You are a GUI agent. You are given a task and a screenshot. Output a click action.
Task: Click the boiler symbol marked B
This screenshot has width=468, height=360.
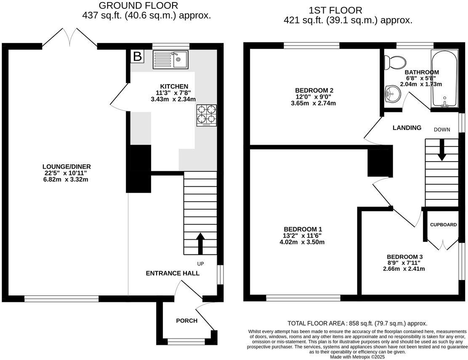(137, 56)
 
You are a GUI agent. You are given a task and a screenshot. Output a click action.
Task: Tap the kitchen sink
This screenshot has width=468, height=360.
(171, 59)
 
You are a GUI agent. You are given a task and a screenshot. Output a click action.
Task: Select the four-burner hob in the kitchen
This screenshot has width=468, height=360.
(206, 115)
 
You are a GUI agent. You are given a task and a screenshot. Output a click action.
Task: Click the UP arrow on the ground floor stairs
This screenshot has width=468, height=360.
(200, 244)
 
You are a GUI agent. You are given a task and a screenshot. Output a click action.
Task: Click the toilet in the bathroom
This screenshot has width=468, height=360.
(395, 63)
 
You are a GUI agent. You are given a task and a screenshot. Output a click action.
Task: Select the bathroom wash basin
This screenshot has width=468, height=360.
(393, 93)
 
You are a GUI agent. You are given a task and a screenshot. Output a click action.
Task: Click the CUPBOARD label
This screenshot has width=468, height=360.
(443, 225)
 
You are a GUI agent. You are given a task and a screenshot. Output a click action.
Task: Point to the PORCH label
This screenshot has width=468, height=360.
(186, 320)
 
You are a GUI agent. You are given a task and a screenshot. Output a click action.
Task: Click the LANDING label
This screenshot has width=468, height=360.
(407, 128)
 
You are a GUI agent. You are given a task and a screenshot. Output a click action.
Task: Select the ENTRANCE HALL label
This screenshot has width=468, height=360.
(173, 273)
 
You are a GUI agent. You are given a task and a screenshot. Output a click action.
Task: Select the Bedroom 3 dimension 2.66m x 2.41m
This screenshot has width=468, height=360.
(404, 269)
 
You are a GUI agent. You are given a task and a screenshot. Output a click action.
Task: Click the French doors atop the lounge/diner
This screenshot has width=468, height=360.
(69, 37)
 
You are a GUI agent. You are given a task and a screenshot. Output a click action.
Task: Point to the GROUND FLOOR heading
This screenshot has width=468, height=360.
(138, 5)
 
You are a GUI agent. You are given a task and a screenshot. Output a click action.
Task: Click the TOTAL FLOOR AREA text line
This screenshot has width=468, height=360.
(357, 323)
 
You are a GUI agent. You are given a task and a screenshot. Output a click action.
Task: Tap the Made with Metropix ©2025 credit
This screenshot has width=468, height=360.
(357, 357)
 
